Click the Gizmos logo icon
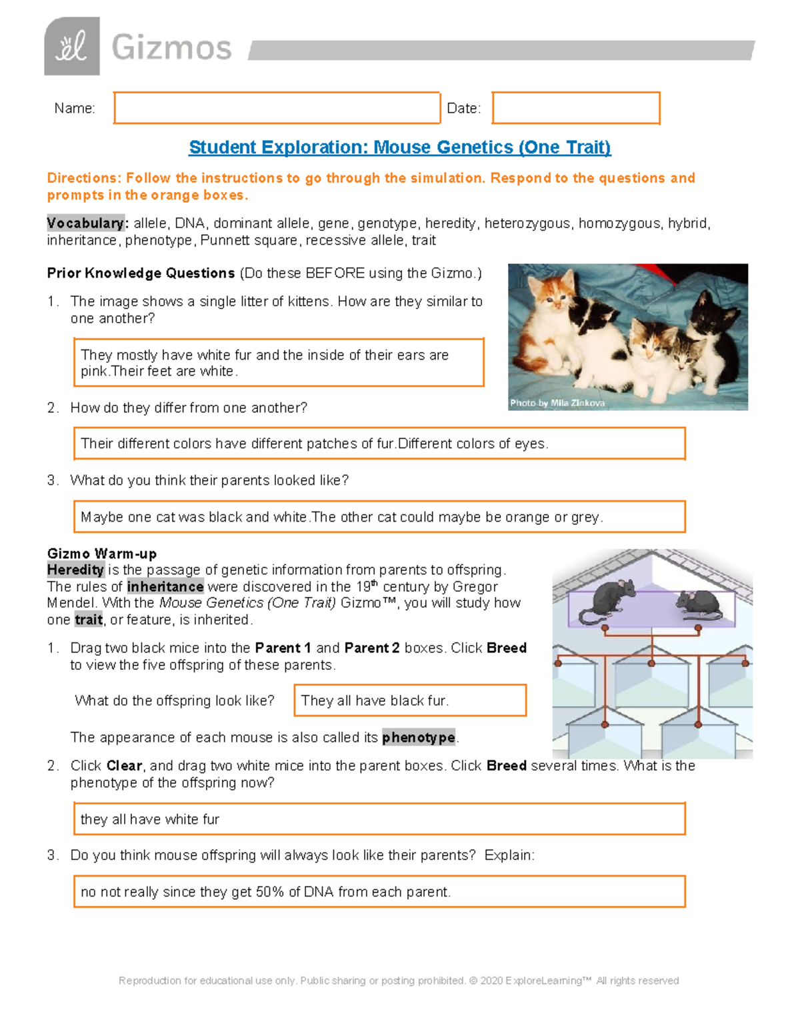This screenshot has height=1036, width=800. coord(72,46)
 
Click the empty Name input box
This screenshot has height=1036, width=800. coord(277,108)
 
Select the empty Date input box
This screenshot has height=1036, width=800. coord(575,108)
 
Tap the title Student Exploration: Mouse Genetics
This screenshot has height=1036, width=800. coord(399,147)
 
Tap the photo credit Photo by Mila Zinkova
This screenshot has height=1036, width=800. coord(557,403)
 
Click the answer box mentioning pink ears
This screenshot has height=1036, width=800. coord(279,363)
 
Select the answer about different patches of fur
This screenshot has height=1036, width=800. coord(379,444)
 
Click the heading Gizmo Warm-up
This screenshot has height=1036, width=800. coord(102,554)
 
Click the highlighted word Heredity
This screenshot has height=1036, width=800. coord(75,570)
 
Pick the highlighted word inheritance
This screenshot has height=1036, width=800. coord(165,586)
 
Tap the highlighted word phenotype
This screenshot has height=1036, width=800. coord(419,737)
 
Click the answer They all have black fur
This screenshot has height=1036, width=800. coord(409,700)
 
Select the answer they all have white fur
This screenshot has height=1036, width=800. coord(379,819)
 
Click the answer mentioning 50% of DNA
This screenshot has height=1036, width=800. coord(379,892)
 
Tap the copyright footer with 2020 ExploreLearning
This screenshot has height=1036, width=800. coord(399,981)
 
